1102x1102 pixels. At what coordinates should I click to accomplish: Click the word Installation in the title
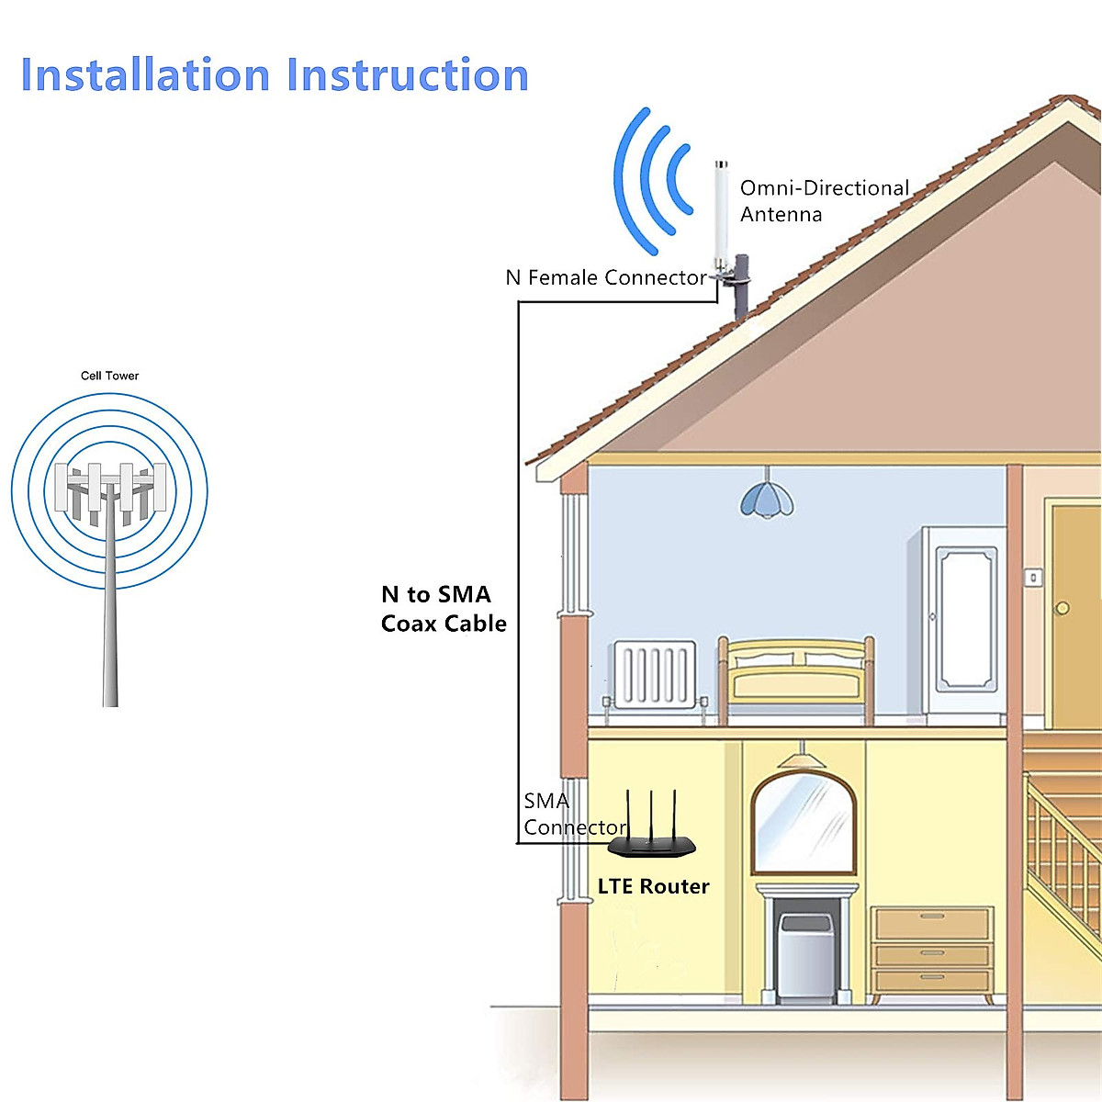(146, 75)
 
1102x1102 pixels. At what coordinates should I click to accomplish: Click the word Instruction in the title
(408, 75)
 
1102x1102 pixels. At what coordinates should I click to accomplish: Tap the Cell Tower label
(109, 376)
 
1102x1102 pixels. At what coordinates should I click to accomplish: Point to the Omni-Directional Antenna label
(824, 201)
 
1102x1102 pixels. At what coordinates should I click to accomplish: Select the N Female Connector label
(605, 277)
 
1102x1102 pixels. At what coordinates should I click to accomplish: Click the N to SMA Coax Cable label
(444, 609)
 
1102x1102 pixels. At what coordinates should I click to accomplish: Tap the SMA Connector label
(574, 815)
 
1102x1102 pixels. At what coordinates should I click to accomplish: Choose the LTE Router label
(653, 886)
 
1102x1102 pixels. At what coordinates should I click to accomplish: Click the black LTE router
(652, 844)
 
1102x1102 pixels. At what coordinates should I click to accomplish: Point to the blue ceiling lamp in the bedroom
(767, 499)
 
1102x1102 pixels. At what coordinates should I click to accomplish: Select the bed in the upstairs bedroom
(796, 680)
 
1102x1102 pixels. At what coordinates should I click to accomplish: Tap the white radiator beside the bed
(654, 675)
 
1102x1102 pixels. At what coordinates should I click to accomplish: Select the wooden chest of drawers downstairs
(932, 950)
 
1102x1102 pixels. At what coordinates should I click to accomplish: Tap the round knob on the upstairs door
(1063, 608)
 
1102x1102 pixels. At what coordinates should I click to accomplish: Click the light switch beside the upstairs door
(1033, 578)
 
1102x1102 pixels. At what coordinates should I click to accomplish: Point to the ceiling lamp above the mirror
(803, 759)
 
